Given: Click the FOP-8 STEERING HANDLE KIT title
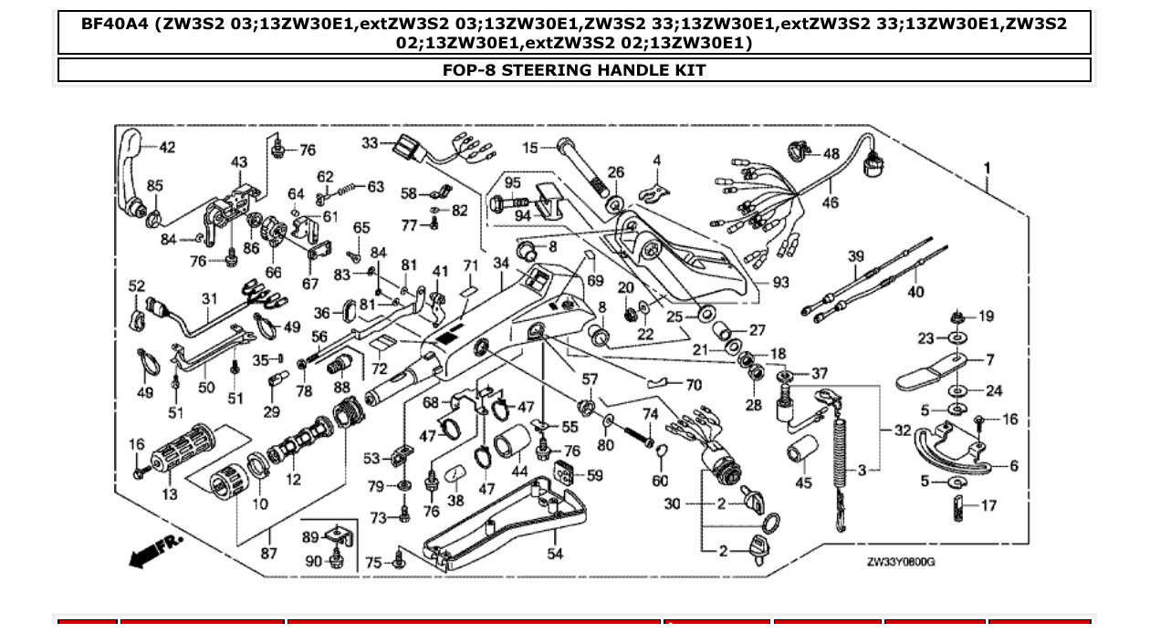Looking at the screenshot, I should coord(574,70).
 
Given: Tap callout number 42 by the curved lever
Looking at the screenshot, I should coord(167,148).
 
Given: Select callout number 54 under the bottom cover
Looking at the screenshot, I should coord(555,554).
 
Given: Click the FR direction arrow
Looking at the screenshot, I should coord(156,550).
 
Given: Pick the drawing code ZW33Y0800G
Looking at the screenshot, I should coord(900,562).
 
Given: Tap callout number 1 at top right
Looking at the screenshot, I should coord(987,168).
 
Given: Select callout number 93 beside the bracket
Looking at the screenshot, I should coord(780,283).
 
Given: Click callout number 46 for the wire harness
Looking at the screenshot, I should coord(830,202).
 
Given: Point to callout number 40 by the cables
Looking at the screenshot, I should coord(915,292).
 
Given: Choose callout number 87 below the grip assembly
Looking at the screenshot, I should coord(269,554).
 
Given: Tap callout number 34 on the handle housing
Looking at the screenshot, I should coord(501,264).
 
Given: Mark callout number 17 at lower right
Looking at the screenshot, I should coord(989,505).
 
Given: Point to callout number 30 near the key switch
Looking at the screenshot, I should coord(673,503).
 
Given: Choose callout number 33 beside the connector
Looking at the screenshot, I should coord(369,143).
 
